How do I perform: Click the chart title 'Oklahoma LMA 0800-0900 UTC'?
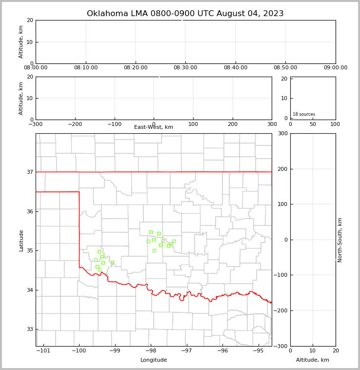pyautogui.click(x=185, y=14)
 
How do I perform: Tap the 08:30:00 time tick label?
pyautogui.click(x=186, y=68)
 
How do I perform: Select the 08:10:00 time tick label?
pyautogui.click(x=86, y=68)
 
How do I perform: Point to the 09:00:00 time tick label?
pyautogui.click(x=336, y=68)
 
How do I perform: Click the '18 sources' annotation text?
pyautogui.click(x=304, y=114)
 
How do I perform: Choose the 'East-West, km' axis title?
pyautogui.click(x=154, y=127)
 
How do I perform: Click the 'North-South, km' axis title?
pyautogui.click(x=340, y=240)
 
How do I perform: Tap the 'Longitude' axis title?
pyautogui.click(x=154, y=360)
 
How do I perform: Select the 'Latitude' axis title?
pyautogui.click(x=21, y=240)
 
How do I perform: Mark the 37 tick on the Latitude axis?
pyautogui.click(x=29, y=172)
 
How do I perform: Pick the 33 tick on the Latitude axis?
pyautogui.click(x=29, y=329)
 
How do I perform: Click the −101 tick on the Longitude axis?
pyautogui.click(x=43, y=351)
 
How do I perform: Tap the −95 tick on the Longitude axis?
pyautogui.click(x=258, y=351)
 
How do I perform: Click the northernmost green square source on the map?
pyautogui.click(x=151, y=232)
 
